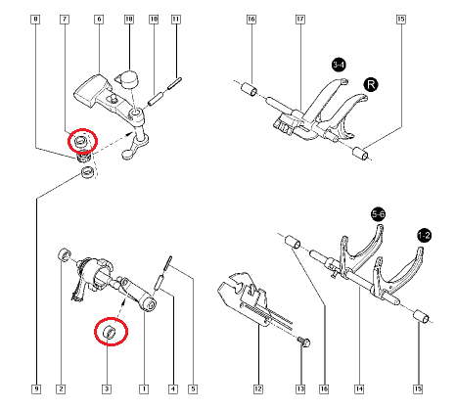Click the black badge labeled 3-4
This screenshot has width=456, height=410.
(x=338, y=65)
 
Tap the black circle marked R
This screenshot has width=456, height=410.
(x=371, y=85)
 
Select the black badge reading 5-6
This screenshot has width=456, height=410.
(x=378, y=213)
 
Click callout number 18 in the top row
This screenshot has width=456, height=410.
(x=129, y=20)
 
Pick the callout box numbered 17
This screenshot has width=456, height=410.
(x=299, y=20)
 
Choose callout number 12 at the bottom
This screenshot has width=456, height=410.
(x=258, y=390)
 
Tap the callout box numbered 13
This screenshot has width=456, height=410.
(x=299, y=390)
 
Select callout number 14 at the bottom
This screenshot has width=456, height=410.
(x=359, y=390)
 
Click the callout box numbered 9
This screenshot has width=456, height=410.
(x=36, y=390)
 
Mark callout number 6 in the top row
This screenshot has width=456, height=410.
(x=99, y=20)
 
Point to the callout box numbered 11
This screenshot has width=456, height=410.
(x=175, y=20)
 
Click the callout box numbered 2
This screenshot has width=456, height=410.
(x=61, y=390)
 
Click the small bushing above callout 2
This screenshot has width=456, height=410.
(x=65, y=255)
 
